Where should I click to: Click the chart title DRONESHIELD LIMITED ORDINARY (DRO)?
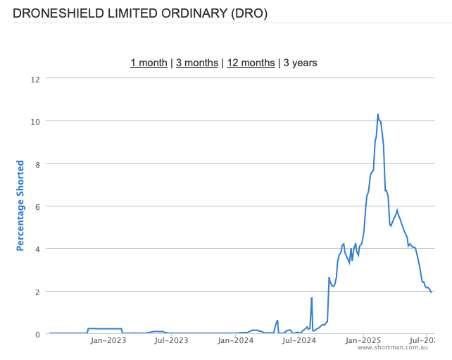tap(140, 13)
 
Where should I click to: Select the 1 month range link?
tap(149, 63)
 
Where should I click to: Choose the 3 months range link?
tap(197, 63)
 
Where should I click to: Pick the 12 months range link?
tap(251, 63)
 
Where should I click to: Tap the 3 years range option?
tap(301, 63)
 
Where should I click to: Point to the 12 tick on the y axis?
tap(34, 79)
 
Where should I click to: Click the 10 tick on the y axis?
tap(34, 121)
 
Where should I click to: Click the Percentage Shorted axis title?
tap(20, 206)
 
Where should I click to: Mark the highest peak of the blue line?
tap(377, 114)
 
